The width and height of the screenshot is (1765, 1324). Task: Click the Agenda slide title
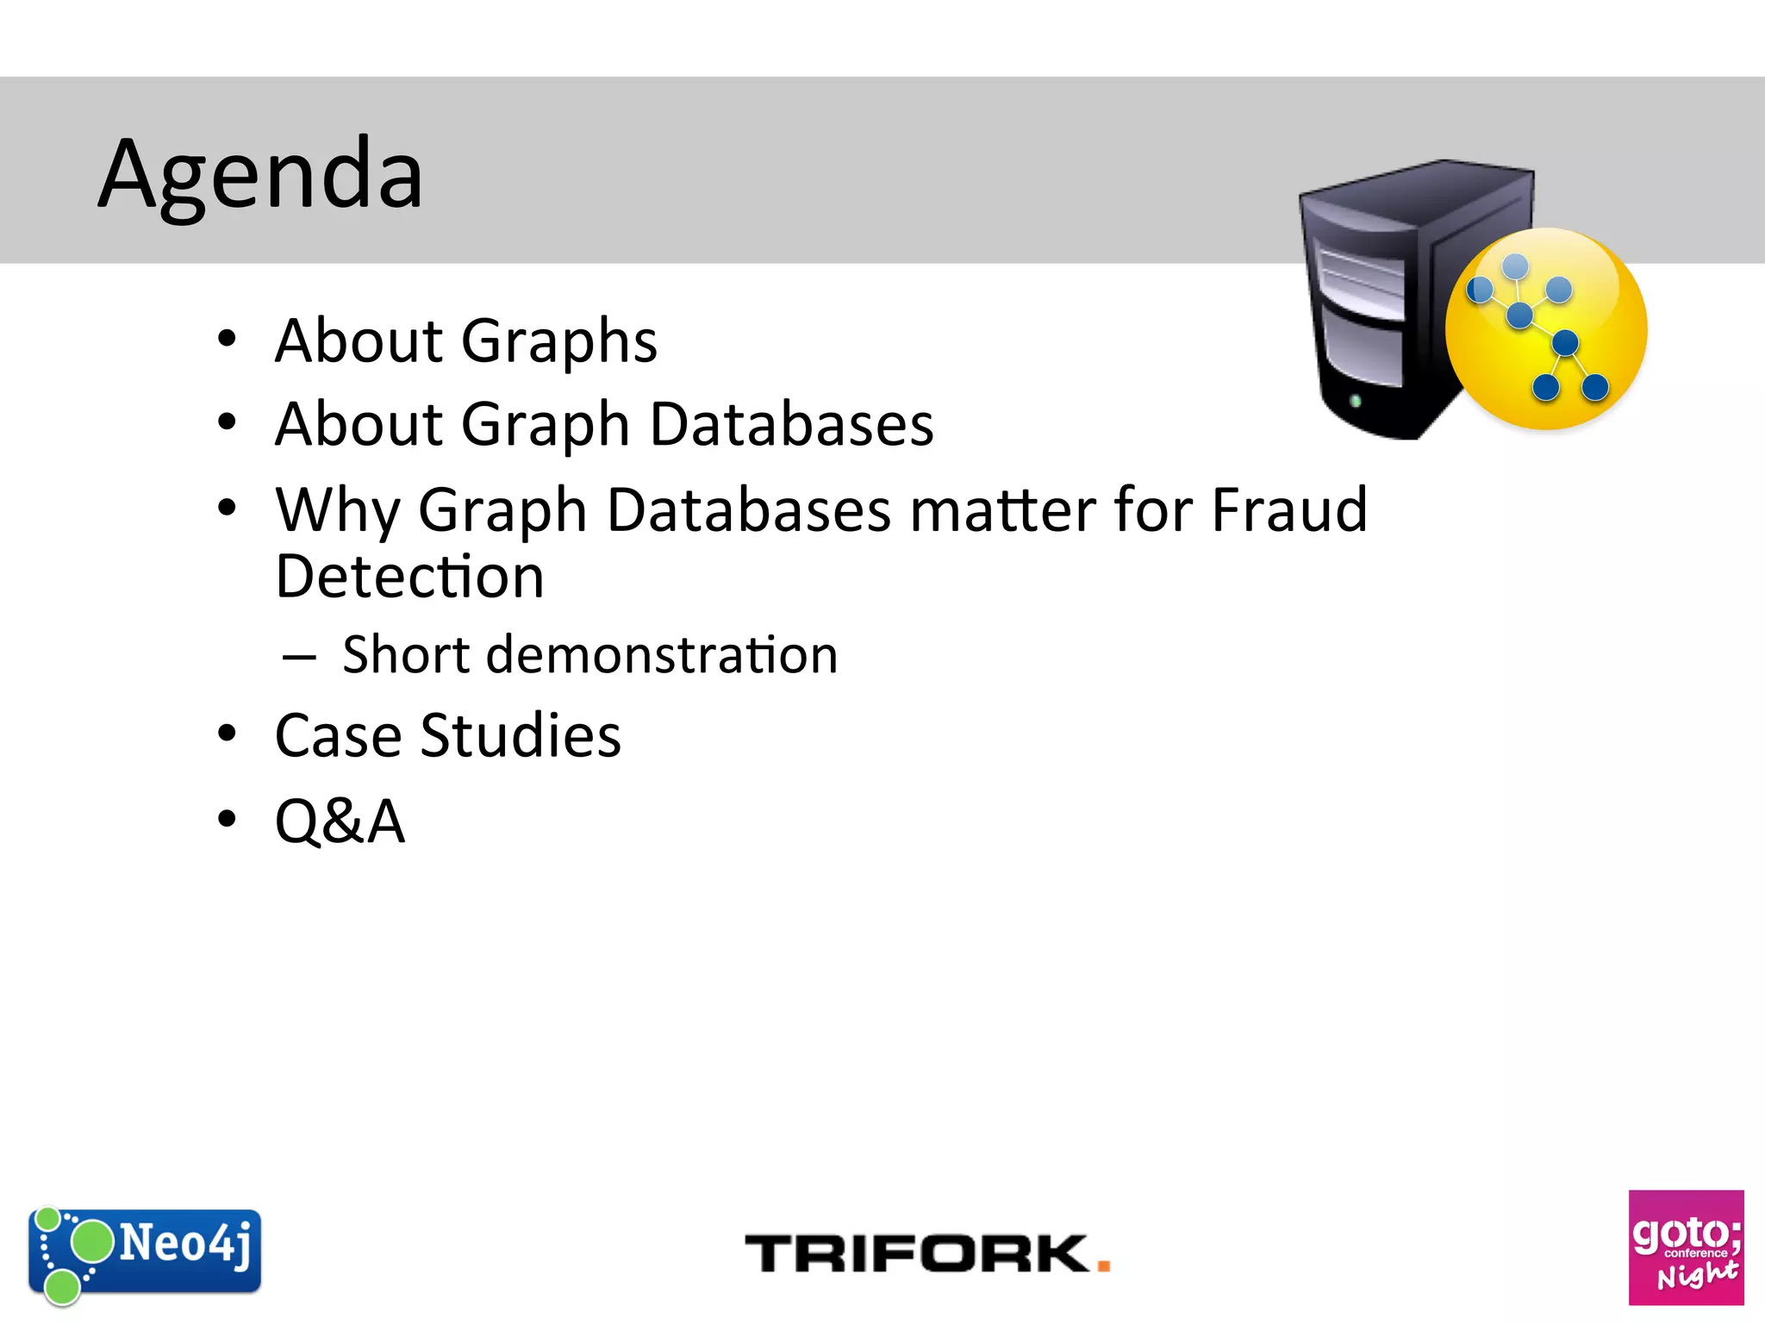260,175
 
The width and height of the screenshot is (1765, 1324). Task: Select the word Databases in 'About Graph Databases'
791,425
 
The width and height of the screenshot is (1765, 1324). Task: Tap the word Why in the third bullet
336,510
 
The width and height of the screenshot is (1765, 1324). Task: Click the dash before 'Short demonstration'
299,658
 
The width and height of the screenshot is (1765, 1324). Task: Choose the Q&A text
340,821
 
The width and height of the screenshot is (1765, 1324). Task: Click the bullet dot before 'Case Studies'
227,734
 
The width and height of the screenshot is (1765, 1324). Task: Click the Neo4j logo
145,1252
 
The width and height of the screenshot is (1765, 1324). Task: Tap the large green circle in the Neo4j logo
91,1242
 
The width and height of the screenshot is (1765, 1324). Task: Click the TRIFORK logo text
917,1253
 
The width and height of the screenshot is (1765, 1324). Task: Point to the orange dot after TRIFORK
1103,1265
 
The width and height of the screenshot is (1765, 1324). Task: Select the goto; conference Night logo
1685,1247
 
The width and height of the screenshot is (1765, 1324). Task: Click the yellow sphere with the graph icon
1545,329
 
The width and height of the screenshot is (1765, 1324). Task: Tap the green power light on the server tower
1355,401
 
